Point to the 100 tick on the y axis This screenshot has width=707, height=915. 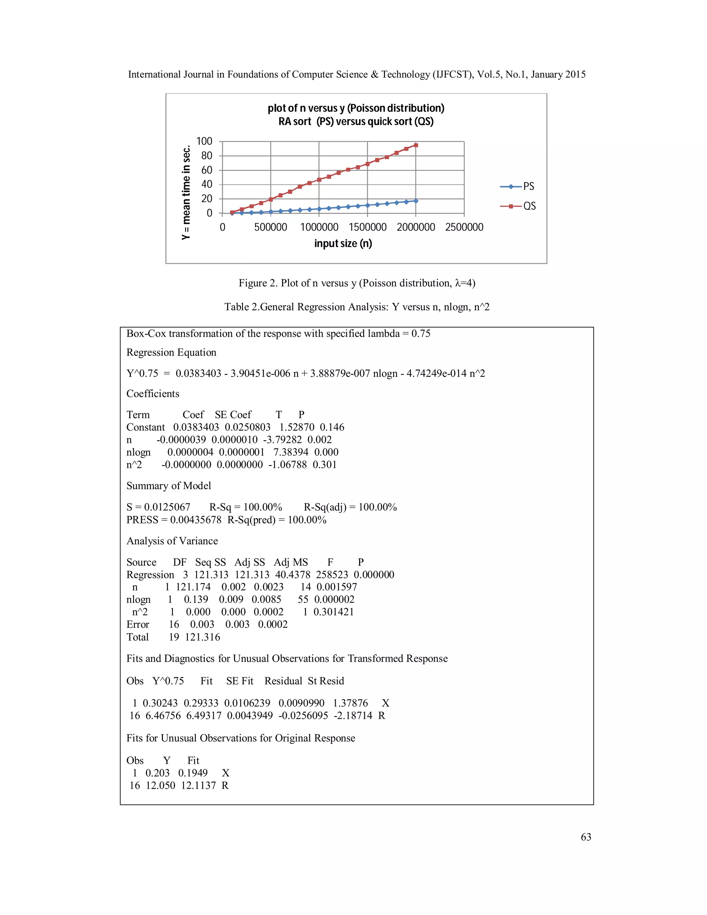point(204,141)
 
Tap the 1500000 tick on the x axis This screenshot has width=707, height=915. point(367,227)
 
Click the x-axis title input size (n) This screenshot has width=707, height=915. point(343,243)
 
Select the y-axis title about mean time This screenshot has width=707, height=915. point(186,192)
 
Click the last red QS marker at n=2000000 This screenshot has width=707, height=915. point(416,145)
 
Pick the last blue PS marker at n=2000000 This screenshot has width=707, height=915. point(416,201)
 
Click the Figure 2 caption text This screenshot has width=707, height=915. point(357,283)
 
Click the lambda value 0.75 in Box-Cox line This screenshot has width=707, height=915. point(420,334)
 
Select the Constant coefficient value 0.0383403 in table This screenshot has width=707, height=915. point(196,427)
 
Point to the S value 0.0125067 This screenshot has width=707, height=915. point(167,507)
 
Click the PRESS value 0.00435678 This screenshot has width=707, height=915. point(196,520)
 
